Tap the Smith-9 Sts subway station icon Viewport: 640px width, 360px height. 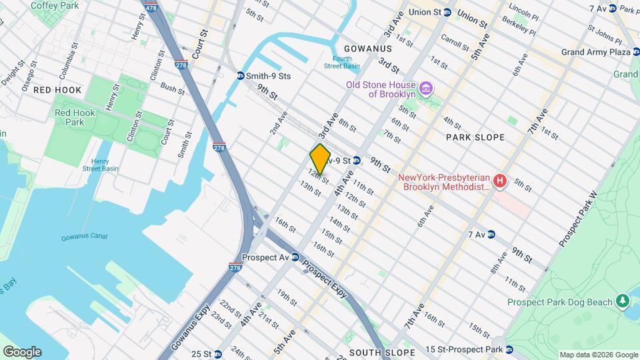coord(240,76)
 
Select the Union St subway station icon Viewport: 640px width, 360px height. coord(447,12)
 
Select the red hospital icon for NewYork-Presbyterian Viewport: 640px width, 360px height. coord(499,180)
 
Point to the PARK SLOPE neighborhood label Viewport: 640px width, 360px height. coord(475,137)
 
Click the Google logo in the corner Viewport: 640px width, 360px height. coord(22,352)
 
